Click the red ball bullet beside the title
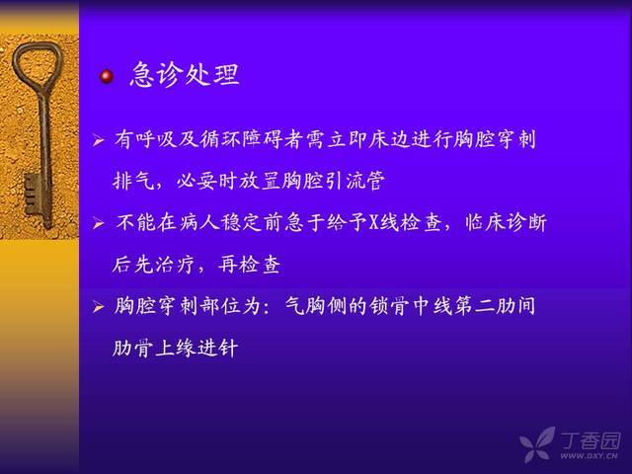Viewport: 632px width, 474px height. (x=107, y=76)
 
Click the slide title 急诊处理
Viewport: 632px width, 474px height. (x=186, y=75)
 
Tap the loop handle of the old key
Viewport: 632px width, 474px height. (x=39, y=65)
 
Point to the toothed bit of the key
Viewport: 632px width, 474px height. (x=33, y=195)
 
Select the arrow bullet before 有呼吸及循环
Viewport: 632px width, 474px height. (x=99, y=140)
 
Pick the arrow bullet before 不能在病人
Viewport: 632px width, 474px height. (x=99, y=223)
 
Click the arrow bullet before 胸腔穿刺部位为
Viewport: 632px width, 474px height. (x=99, y=307)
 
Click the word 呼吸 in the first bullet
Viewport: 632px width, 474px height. (x=156, y=139)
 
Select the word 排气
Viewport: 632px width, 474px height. (x=134, y=181)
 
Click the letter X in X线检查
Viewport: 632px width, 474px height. (x=374, y=222)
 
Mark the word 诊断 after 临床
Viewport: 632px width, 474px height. (x=526, y=222)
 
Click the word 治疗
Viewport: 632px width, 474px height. (x=174, y=265)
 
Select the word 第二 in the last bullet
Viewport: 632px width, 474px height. (x=474, y=306)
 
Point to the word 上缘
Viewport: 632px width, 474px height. (x=175, y=348)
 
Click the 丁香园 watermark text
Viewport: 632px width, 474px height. (x=591, y=440)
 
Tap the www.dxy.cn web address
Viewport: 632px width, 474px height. (x=589, y=456)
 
